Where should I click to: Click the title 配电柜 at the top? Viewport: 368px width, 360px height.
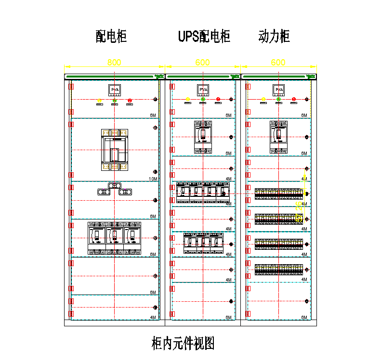pos(111,36)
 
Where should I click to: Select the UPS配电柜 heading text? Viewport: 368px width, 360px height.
pos(204,36)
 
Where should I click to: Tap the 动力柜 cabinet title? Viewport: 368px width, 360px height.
pos(274,36)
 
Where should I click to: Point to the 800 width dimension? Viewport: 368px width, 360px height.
pos(114,63)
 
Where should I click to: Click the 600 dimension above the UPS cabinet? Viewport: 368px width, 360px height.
pos(203,63)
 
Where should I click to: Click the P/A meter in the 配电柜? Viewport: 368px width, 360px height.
pos(114,90)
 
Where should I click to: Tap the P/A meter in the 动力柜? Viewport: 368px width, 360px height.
pos(279,90)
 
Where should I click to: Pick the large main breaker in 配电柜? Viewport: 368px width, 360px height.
pos(114,150)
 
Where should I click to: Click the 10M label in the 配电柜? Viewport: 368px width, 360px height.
pos(153,179)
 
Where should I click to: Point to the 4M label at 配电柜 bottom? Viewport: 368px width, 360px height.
pos(153,318)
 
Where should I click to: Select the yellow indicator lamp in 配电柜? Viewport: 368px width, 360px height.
pos(99,101)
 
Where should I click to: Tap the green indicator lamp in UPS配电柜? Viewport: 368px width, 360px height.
pos(203,100)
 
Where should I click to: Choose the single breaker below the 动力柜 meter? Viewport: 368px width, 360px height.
pos(279,137)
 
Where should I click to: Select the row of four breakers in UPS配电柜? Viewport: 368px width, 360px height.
pos(203,193)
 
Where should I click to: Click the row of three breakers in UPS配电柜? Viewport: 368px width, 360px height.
pos(203,243)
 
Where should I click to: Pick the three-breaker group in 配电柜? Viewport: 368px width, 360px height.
pos(114,238)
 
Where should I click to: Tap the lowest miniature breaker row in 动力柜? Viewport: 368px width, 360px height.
pos(278,270)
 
